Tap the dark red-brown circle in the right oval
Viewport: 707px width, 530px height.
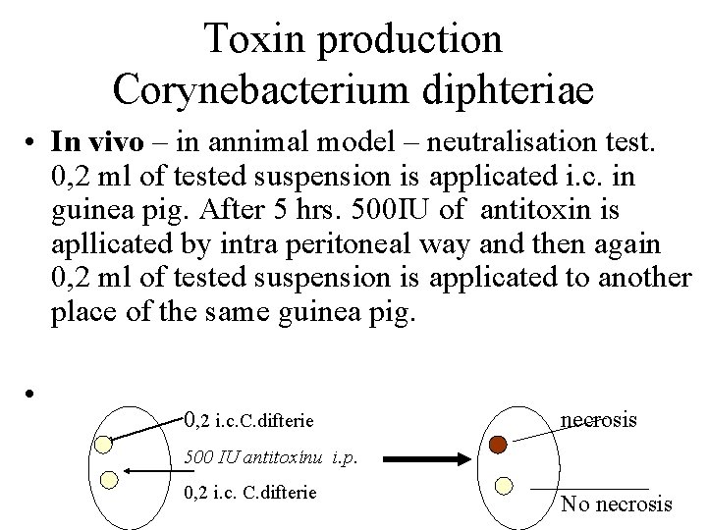pyautogui.click(x=498, y=445)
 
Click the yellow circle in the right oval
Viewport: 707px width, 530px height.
pyautogui.click(x=504, y=485)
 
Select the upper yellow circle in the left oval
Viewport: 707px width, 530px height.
pyautogui.click(x=102, y=443)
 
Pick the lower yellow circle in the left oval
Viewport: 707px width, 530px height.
pyautogui.click(x=110, y=479)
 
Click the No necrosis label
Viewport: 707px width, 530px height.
pyautogui.click(x=617, y=504)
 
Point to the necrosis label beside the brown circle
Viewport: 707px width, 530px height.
pyautogui.click(x=598, y=420)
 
